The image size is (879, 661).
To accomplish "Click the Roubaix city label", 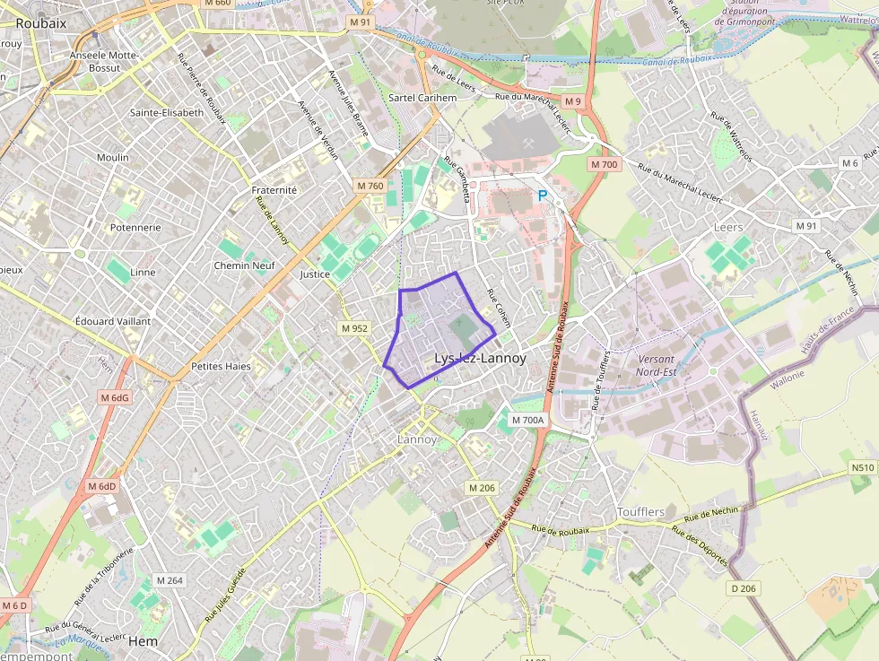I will (41, 23).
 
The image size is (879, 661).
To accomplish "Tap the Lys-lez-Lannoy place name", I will (480, 358).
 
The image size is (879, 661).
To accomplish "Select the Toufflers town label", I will (640, 512).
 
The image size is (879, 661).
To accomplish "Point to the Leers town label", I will (728, 228).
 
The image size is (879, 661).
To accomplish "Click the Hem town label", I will (143, 642).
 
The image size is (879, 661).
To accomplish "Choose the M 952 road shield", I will (354, 328).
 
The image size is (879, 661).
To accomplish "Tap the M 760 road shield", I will (370, 186).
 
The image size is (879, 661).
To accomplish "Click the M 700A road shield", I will (527, 420).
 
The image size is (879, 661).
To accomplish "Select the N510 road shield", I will (862, 468).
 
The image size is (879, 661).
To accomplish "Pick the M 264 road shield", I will (169, 580).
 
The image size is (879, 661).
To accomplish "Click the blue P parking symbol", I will (542, 195).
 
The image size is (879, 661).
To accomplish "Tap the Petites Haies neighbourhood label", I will (221, 366).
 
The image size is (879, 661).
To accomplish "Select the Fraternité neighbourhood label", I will (274, 190).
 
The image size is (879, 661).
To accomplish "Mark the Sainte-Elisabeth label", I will (167, 113).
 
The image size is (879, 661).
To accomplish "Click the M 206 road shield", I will (482, 487).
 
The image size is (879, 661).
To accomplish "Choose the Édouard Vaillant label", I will (113, 320).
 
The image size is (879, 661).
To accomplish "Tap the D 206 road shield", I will (744, 588).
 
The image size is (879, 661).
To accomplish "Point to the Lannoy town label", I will (417, 439).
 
